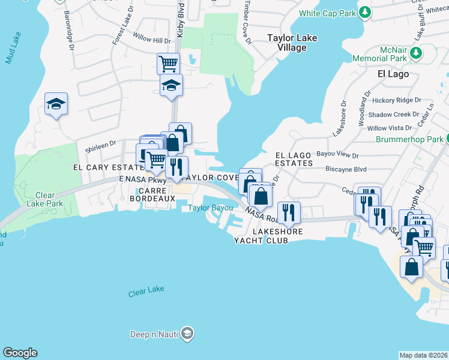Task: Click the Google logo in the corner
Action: point(20,353)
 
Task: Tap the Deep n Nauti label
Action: point(155,334)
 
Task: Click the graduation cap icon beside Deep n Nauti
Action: point(188,333)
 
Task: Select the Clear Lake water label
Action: point(146,291)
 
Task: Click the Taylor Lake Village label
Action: point(292,43)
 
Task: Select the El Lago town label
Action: point(393,74)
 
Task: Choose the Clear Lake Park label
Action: point(44,199)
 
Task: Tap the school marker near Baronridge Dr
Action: point(56,104)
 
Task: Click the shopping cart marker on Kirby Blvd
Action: point(169,63)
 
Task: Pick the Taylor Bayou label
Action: point(211,208)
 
